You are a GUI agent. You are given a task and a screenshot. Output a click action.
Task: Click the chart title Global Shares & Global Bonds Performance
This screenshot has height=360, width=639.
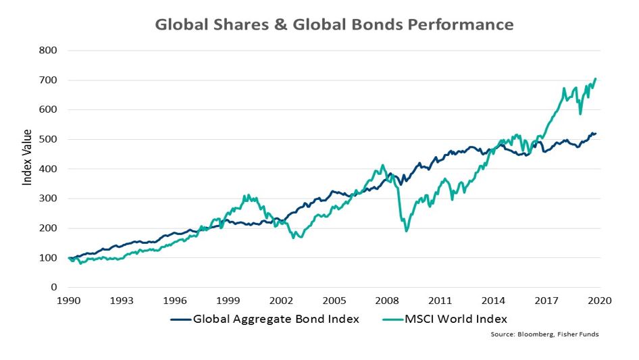click(334, 25)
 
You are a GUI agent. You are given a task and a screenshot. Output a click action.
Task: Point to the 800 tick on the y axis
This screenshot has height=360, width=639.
click(48, 51)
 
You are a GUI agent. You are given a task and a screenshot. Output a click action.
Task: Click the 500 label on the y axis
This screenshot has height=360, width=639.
click(48, 140)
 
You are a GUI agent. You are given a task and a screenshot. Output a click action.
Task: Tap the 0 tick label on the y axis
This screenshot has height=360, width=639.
click(54, 288)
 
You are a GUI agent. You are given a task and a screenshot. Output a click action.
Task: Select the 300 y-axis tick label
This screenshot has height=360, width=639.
click(48, 199)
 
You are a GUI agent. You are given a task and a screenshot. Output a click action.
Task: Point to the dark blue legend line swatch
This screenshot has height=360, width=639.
click(180, 318)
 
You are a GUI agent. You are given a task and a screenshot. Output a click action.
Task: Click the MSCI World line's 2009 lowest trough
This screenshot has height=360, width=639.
click(407, 231)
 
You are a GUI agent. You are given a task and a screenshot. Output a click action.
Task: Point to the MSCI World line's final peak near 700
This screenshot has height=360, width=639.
click(596, 79)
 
